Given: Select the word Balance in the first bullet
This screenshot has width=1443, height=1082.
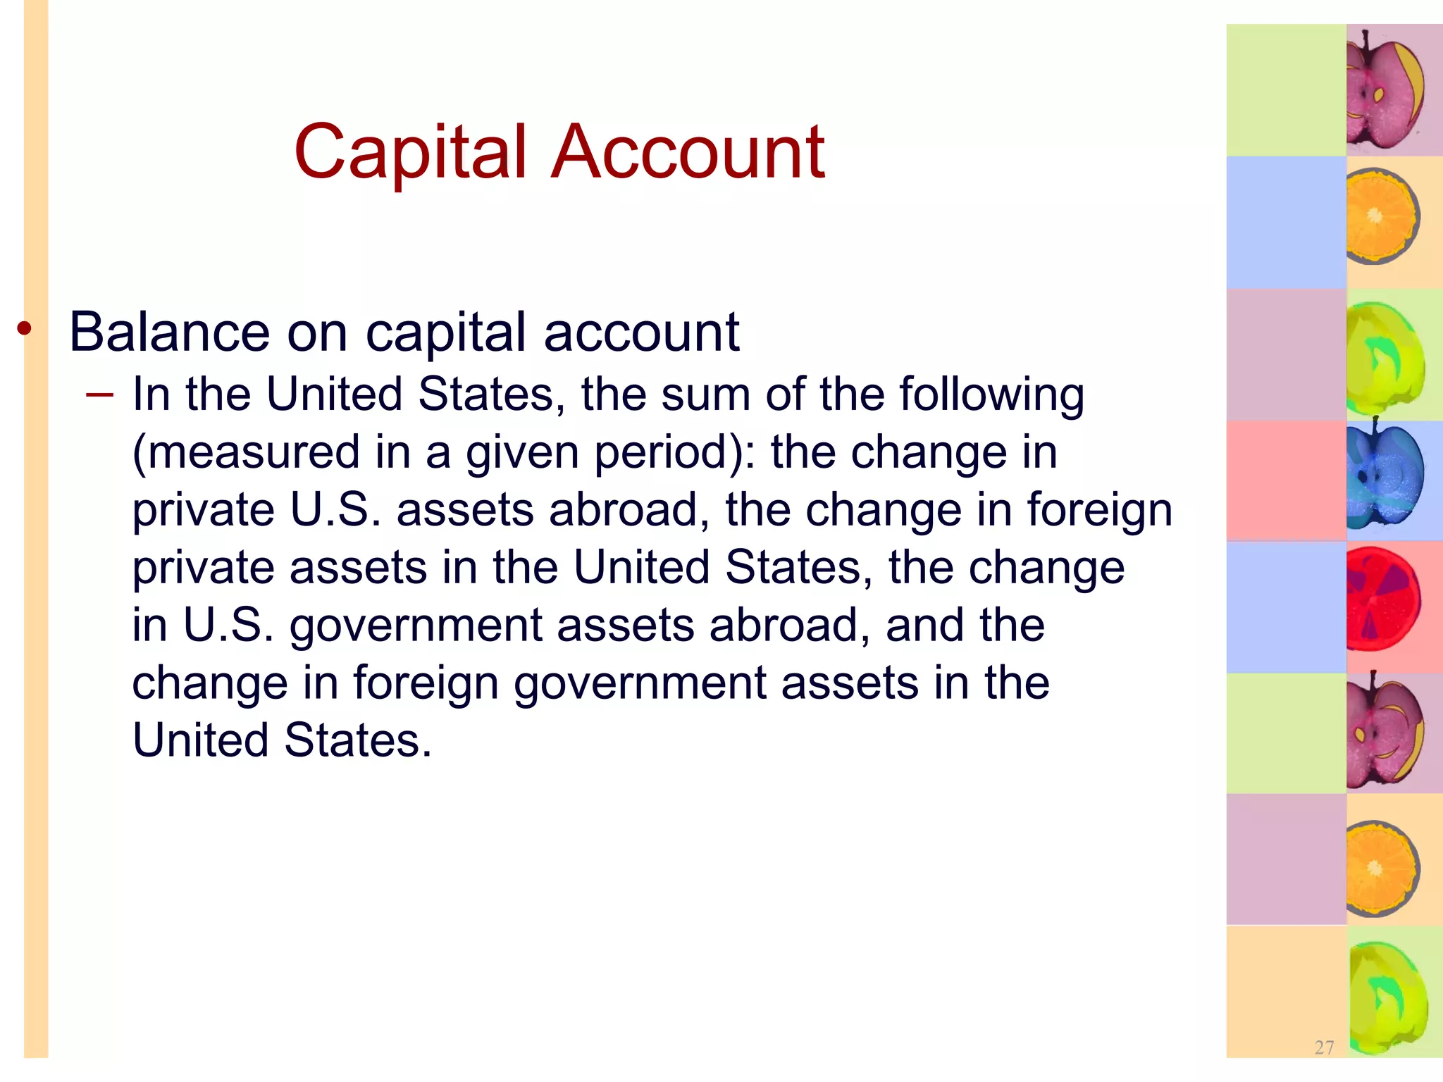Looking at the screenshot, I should click(169, 332).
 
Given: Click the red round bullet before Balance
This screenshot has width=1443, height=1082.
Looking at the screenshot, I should click(25, 328).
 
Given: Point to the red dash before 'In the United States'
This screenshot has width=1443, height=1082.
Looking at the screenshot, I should click(99, 394).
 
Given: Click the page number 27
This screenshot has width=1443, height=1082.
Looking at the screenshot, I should click(1324, 1047).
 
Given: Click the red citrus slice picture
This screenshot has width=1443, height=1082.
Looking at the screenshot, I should click(1382, 599).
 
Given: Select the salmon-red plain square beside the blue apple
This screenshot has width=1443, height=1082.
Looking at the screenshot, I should click(1286, 481).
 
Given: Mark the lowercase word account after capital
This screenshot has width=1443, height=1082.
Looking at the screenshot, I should click(641, 333).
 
